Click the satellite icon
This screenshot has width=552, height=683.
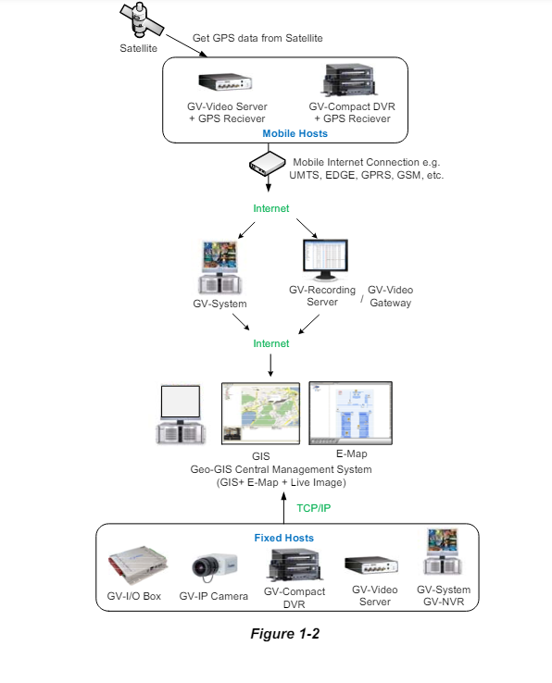(142, 20)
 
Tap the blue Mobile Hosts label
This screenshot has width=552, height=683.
(295, 133)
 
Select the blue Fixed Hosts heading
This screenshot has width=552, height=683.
(283, 538)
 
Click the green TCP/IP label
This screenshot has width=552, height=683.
(313, 508)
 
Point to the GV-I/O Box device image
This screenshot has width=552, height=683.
(138, 565)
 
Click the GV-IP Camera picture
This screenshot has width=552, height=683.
(215, 567)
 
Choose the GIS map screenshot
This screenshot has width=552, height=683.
(261, 414)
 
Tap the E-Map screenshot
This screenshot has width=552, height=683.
(351, 414)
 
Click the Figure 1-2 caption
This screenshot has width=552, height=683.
(284, 634)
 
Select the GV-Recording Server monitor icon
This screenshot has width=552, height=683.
(325, 260)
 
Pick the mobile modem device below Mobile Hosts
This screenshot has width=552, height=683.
(268, 163)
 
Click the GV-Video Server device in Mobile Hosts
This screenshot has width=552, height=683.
(225, 81)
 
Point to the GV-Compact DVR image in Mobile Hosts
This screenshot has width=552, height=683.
(349, 80)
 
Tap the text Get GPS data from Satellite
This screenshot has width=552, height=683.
(257, 38)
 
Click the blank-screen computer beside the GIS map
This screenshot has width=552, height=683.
(181, 415)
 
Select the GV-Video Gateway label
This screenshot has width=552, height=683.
(390, 296)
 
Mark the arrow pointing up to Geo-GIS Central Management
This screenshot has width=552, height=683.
(283, 508)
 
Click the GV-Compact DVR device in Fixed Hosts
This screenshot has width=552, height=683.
(295, 565)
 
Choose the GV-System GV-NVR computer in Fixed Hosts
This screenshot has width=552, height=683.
(442, 552)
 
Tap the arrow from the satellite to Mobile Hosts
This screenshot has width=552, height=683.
(186, 45)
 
